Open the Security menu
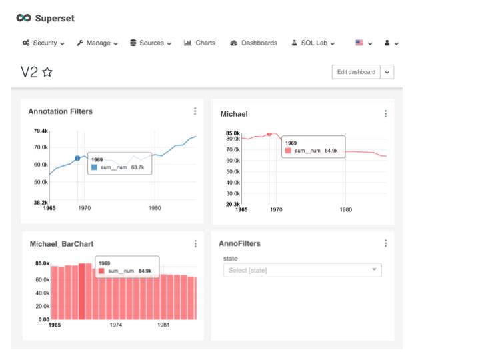(x=43, y=43)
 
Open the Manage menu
(x=97, y=43)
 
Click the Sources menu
(x=150, y=43)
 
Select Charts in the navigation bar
(x=199, y=43)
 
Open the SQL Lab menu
(x=313, y=43)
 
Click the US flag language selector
(x=363, y=43)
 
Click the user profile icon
(x=391, y=43)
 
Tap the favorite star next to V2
(x=47, y=73)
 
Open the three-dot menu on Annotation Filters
(x=195, y=111)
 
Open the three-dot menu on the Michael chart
(x=385, y=114)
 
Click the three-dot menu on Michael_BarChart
(x=195, y=244)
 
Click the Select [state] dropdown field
(x=302, y=270)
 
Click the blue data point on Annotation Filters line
(x=77, y=158)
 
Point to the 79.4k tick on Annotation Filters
(x=40, y=131)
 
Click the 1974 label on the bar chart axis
(x=115, y=326)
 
